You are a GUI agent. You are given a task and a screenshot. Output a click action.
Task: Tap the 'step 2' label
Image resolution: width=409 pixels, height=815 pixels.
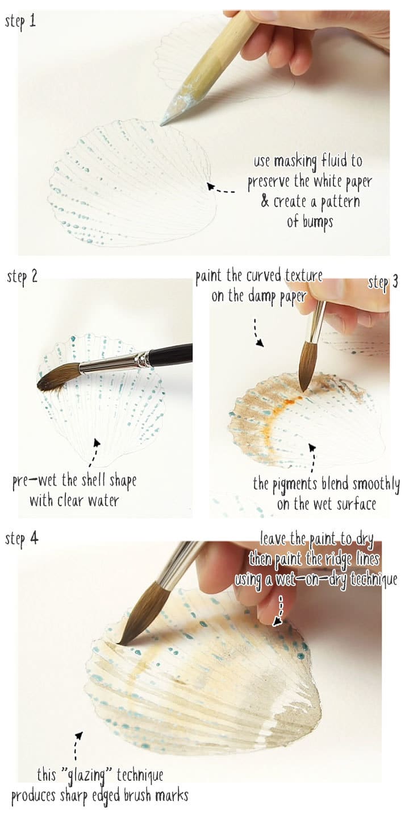coord(22,278)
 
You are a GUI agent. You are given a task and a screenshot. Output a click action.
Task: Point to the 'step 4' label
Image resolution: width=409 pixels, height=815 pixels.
coord(22,538)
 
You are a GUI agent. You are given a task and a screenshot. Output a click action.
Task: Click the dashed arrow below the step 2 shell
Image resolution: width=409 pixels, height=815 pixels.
coord(94,449)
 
